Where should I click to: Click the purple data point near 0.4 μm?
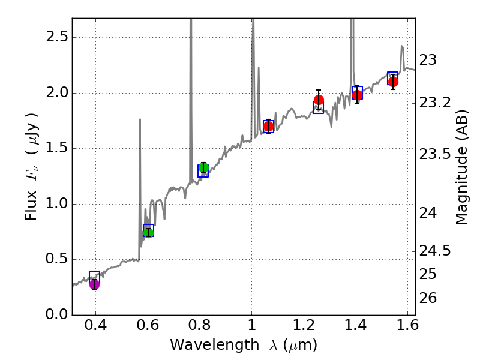click(x=94, y=284)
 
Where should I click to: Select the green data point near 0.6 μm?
click(x=148, y=232)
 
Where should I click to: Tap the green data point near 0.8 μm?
click(x=203, y=167)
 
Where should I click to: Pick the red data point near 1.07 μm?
click(x=268, y=126)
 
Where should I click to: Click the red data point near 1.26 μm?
click(x=319, y=100)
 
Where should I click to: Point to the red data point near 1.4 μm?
click(x=357, y=95)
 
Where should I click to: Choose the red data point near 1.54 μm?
click(x=393, y=82)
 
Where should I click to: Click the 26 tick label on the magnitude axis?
click(x=430, y=299)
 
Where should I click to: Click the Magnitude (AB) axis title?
click(x=461, y=167)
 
